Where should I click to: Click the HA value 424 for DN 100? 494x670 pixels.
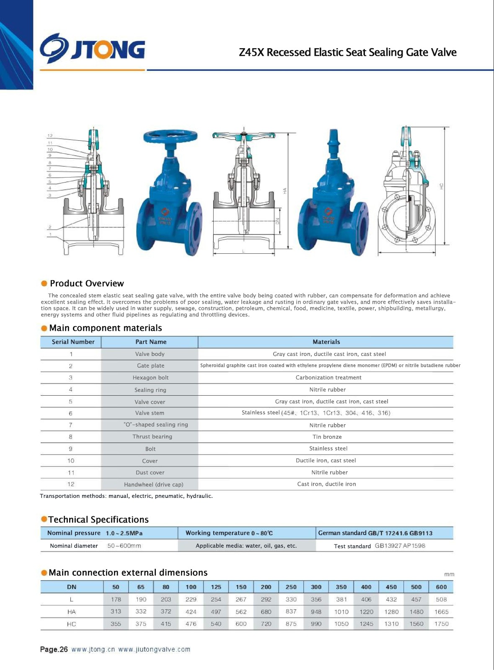[191, 612]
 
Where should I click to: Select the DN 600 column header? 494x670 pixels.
[441, 587]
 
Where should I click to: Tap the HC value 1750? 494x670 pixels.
[441, 624]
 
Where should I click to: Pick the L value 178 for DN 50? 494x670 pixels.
[116, 600]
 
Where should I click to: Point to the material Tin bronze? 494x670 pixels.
[327, 437]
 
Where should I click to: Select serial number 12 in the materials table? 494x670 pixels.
[71, 484]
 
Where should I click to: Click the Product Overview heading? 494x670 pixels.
[87, 283]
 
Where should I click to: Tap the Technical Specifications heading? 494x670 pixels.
[98, 520]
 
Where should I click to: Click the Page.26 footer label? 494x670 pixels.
[54, 649]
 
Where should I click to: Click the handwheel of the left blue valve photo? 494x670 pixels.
[170, 137]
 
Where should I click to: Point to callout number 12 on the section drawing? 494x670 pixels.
[50, 136]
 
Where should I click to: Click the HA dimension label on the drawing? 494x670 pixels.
[285, 191]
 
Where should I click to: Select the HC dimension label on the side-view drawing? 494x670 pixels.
[441, 186]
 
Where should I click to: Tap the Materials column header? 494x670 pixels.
[326, 342]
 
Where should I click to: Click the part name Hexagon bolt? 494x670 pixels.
[150, 378]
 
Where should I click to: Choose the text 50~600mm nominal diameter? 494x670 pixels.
[124, 546]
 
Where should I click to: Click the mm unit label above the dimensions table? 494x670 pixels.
[449, 575]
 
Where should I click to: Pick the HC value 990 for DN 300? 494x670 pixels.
[316, 624]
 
